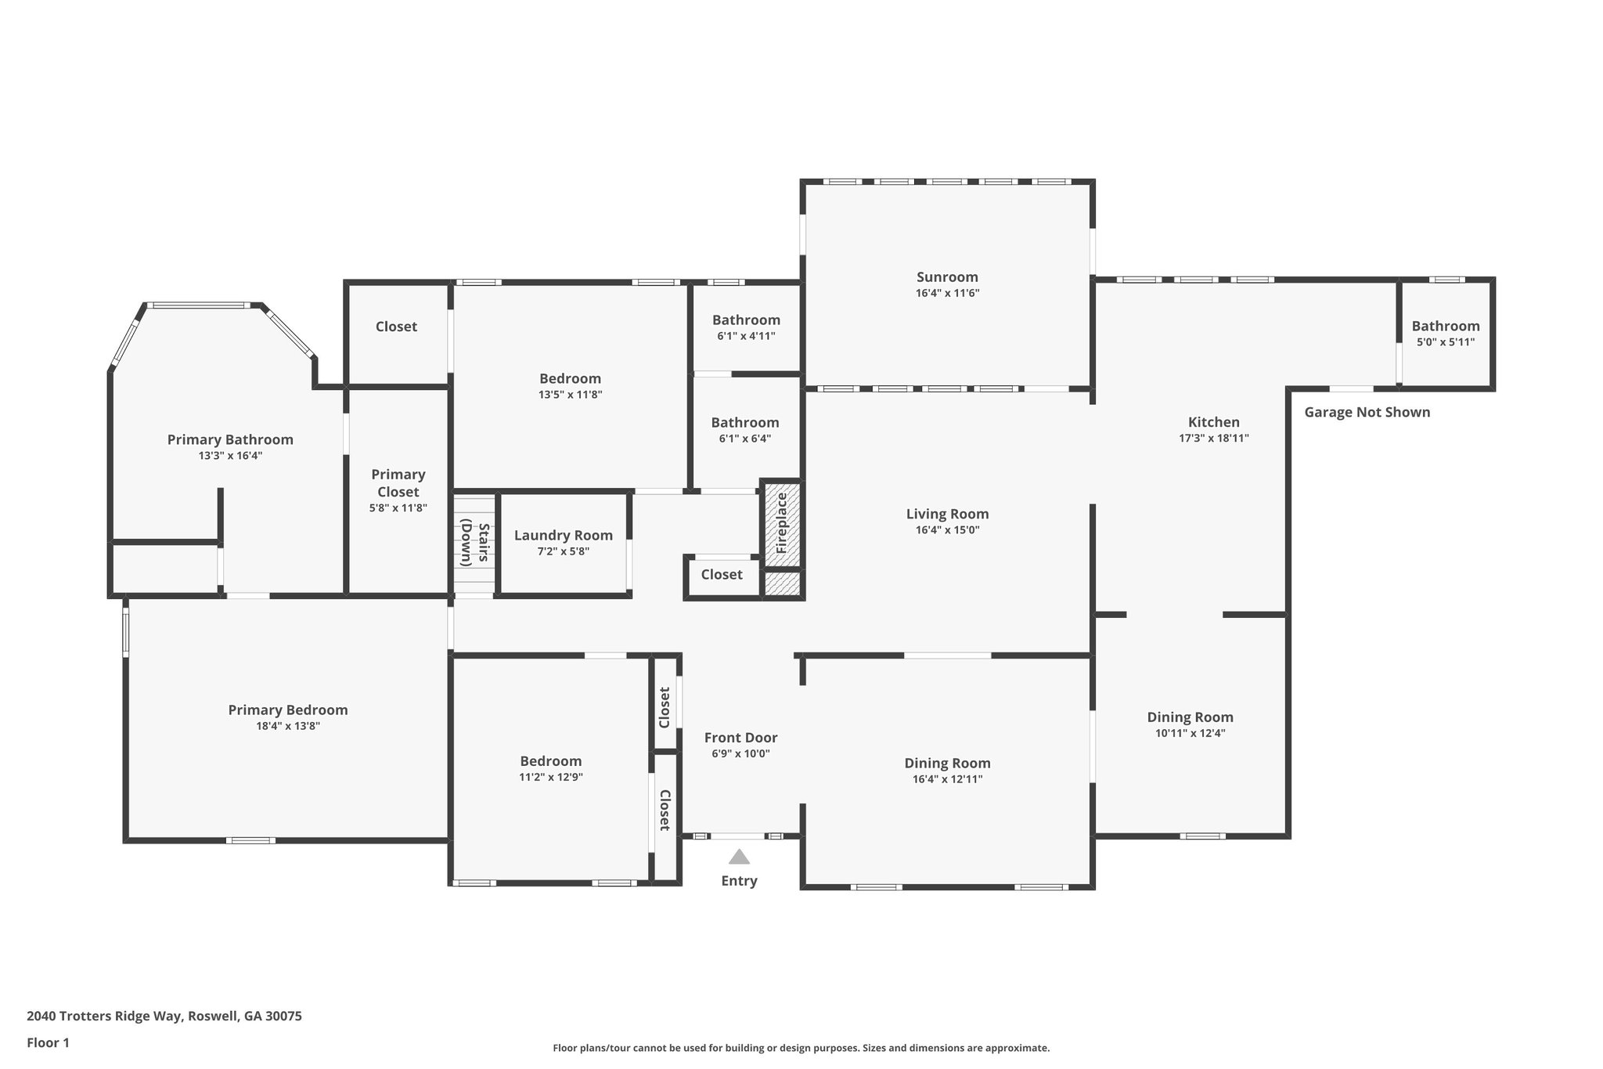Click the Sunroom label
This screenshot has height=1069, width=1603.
[947, 277]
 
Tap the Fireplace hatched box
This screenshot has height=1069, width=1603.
[782, 522]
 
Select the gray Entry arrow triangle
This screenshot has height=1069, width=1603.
[739, 857]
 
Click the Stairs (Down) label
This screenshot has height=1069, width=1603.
[475, 543]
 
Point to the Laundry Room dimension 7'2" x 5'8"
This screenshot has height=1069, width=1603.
[563, 551]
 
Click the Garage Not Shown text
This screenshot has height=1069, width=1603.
[1367, 413]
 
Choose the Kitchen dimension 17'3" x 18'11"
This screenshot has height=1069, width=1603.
[1213, 439]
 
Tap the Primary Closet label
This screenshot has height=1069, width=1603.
[398, 483]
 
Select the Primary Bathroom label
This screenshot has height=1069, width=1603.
[230, 440]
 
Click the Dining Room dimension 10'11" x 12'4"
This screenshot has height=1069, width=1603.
[1190, 734]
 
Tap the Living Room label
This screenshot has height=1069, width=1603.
[947, 515]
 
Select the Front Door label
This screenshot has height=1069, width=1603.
[740, 738]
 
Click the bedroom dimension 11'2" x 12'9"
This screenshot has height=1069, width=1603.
[551, 778]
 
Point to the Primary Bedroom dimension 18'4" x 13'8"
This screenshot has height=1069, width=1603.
[287, 726]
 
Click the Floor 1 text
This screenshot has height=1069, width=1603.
[49, 1042]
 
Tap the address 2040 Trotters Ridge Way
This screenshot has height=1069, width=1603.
[164, 1017]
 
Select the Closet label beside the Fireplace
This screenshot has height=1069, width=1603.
[722, 575]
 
